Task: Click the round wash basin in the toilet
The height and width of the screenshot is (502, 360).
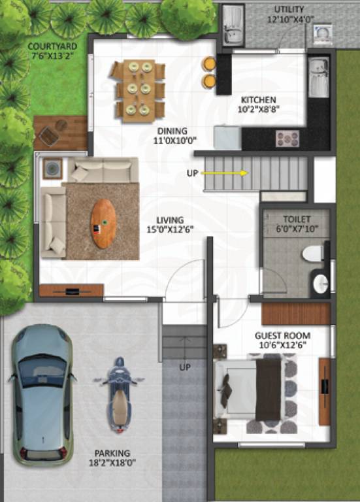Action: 320,284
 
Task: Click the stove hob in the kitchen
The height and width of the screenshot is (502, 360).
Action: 287,138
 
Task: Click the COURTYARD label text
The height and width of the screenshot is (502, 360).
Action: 52,46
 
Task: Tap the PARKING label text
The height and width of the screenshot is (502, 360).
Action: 112,453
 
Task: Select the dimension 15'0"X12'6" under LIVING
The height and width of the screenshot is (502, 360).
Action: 170,229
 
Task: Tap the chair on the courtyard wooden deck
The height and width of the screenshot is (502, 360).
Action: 48,135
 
